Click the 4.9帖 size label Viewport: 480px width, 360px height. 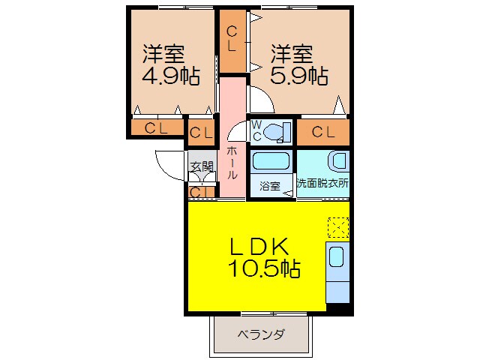pyautogui.click(x=171, y=76)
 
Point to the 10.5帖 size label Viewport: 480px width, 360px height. pyautogui.click(x=264, y=268)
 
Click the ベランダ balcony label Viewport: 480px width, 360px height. pyautogui.click(x=261, y=334)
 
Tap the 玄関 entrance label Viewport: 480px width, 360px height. pyautogui.click(x=200, y=166)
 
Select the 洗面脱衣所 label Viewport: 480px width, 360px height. pyautogui.click(x=322, y=183)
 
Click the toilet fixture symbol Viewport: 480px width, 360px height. pyautogui.click(x=277, y=130)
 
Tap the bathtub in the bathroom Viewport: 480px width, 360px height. pyautogui.click(x=271, y=163)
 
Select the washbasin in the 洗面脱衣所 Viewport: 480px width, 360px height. pyautogui.click(x=338, y=161)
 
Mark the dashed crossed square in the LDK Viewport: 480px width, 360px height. pyautogui.click(x=338, y=227)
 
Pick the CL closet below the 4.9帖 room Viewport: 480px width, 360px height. pyautogui.click(x=157, y=128)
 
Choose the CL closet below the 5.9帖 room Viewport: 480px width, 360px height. pyautogui.click(x=323, y=133)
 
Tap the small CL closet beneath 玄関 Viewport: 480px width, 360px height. pyautogui.click(x=199, y=193)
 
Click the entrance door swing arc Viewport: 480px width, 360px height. pyautogui.click(x=166, y=161)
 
